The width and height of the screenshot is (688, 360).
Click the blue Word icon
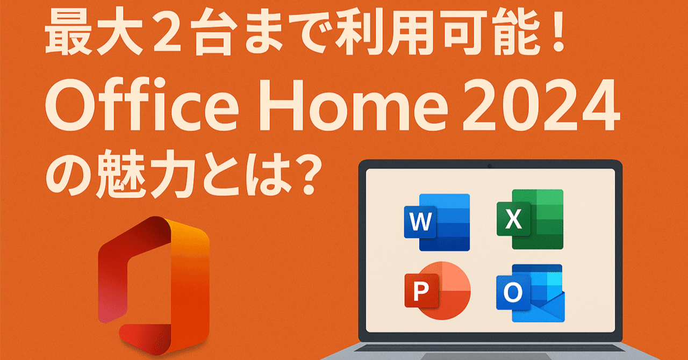(x=436, y=222)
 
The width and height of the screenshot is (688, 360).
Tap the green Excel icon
(x=529, y=219)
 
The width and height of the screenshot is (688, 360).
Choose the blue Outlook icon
(x=529, y=293)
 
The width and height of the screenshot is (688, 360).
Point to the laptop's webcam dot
(x=490, y=165)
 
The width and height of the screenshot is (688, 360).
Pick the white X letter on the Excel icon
(x=513, y=219)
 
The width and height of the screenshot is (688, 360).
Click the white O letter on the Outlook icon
(x=513, y=292)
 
